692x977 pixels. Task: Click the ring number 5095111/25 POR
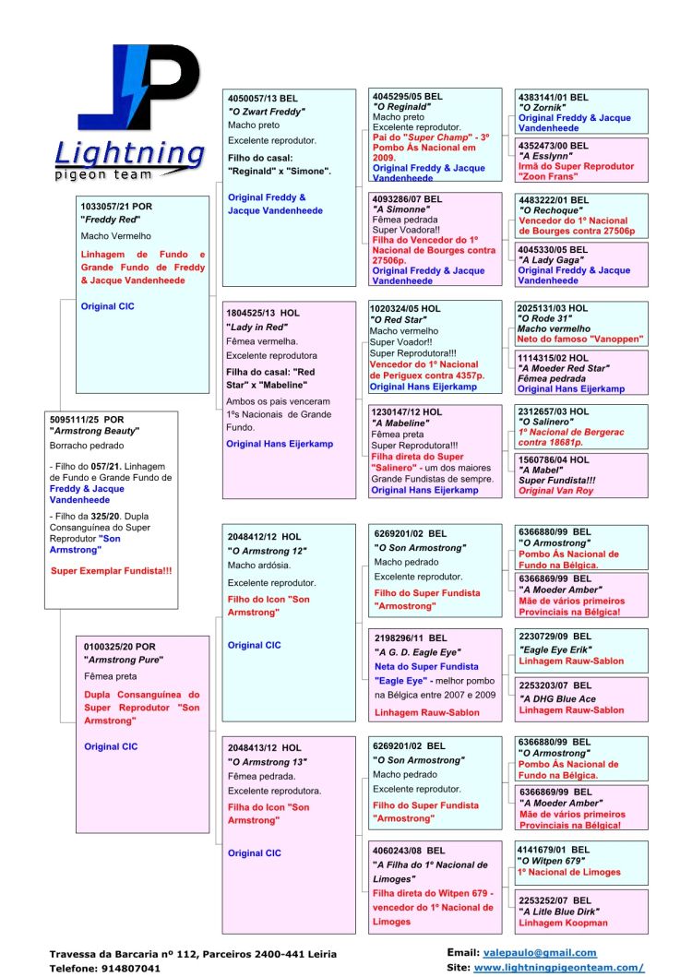pos(87,419)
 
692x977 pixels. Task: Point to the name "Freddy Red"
pos(111,220)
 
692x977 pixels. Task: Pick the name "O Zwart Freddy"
pos(266,112)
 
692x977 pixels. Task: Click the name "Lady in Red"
pos(257,327)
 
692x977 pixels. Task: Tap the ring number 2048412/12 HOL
pos(265,536)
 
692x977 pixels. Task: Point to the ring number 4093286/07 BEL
pos(407,198)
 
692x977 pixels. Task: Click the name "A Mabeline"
pos(400,423)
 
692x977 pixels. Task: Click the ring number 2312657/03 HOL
pos(553,411)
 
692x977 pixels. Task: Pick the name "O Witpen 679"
pos(550,861)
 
